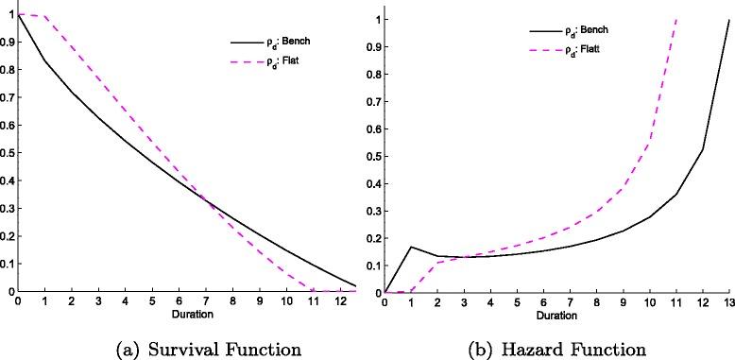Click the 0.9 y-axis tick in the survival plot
pos(8,43)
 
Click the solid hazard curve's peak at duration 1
pos(410,247)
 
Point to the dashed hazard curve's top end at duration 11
pos(676,19)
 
